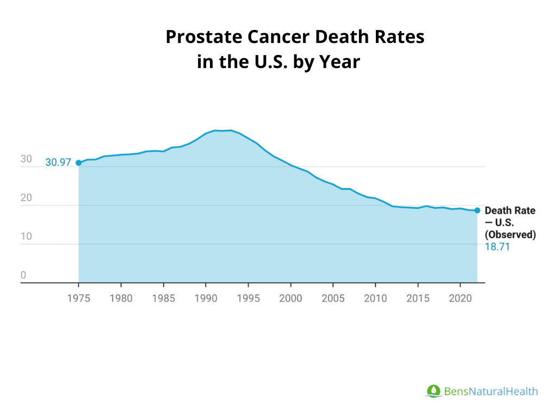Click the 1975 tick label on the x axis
[x=78, y=299]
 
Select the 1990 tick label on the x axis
[x=206, y=299]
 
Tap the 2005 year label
[x=333, y=299]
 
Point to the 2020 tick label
[x=460, y=299]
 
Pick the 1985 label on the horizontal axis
[x=163, y=299]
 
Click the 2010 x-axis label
[x=375, y=299]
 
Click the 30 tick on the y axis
[x=26, y=159]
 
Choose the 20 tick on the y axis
[x=26, y=198]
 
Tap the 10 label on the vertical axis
[x=26, y=237]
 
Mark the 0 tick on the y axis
[x=23, y=275]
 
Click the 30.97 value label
[x=58, y=162]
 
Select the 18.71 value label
[x=497, y=247]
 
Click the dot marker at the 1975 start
[x=79, y=163]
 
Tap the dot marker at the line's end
[x=477, y=210]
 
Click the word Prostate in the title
[x=204, y=38]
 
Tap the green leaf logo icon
[x=434, y=391]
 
